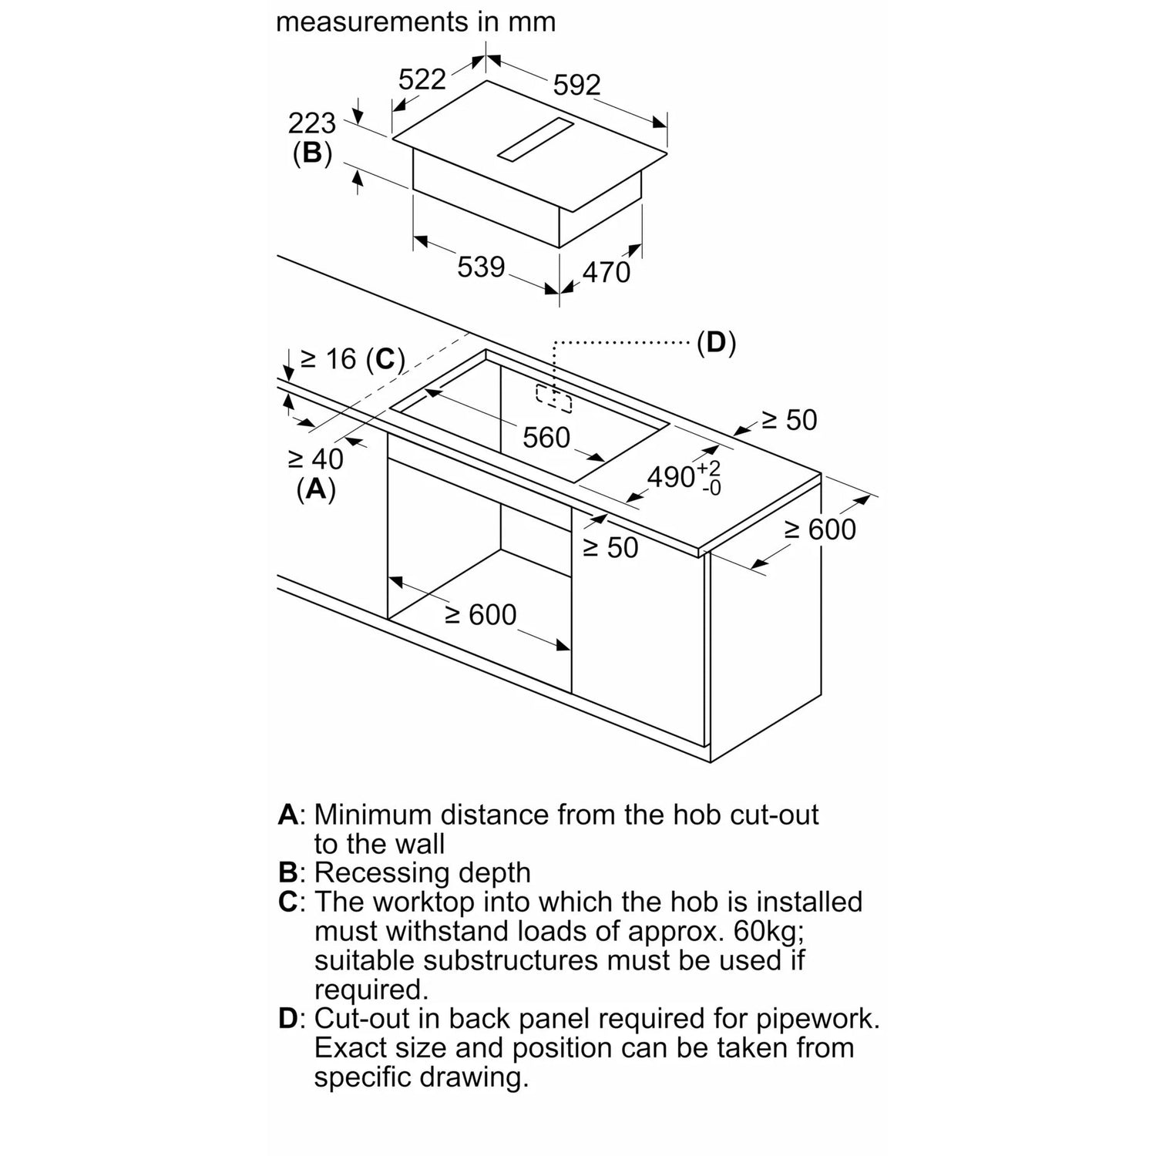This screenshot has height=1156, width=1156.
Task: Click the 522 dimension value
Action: tap(422, 79)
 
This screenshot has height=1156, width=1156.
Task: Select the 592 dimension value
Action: tap(577, 84)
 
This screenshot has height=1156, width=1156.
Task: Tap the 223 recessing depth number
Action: tap(312, 123)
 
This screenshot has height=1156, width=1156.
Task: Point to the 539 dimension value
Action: tap(482, 267)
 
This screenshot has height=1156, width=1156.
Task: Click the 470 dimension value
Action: tap(607, 272)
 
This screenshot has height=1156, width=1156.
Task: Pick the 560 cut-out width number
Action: tap(546, 438)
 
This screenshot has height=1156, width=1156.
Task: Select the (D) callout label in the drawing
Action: tap(716, 342)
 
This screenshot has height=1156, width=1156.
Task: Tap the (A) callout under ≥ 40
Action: tap(316, 489)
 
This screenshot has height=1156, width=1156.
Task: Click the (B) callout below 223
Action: tap(312, 153)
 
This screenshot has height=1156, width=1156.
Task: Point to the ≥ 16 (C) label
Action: tap(352, 359)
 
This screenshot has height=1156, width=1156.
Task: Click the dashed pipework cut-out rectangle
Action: tap(554, 396)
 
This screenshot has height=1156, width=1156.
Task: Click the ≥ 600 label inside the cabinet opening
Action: tap(481, 614)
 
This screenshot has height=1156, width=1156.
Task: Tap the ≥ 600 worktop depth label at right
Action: tap(820, 529)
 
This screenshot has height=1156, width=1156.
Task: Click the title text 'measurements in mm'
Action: tap(416, 22)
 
